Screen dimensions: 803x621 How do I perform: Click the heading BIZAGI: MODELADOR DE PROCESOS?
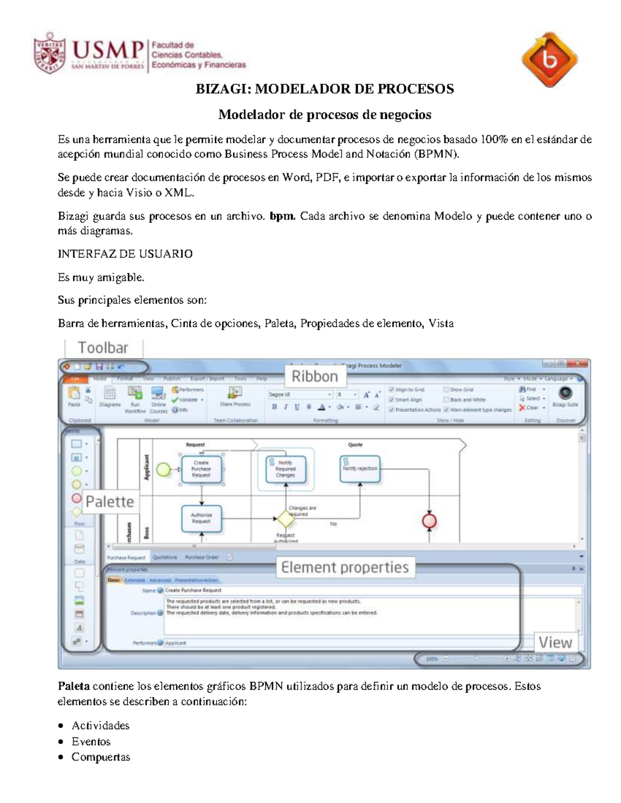(x=324, y=89)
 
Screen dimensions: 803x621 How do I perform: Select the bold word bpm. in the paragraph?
(x=282, y=216)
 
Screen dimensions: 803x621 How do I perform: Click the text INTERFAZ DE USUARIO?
(x=125, y=254)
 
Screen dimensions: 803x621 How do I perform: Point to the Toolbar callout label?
(x=103, y=348)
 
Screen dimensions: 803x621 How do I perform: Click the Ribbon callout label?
(x=315, y=376)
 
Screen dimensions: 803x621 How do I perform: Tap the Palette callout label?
(x=110, y=502)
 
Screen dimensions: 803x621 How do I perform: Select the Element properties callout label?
(x=345, y=567)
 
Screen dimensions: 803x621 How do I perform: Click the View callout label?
(x=555, y=643)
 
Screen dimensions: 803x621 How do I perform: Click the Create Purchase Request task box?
(x=201, y=469)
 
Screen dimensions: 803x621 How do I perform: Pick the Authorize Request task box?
(x=201, y=518)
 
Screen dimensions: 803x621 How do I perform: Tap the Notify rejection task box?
(x=360, y=468)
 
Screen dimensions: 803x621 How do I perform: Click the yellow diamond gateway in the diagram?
(x=285, y=518)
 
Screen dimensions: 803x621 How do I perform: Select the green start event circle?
(x=164, y=469)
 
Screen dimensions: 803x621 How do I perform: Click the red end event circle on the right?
(x=430, y=521)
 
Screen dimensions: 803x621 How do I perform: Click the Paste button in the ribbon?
(x=75, y=396)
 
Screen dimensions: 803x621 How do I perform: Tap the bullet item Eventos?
(x=91, y=741)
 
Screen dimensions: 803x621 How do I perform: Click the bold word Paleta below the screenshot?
(x=73, y=686)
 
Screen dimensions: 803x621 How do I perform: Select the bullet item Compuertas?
(x=101, y=757)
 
